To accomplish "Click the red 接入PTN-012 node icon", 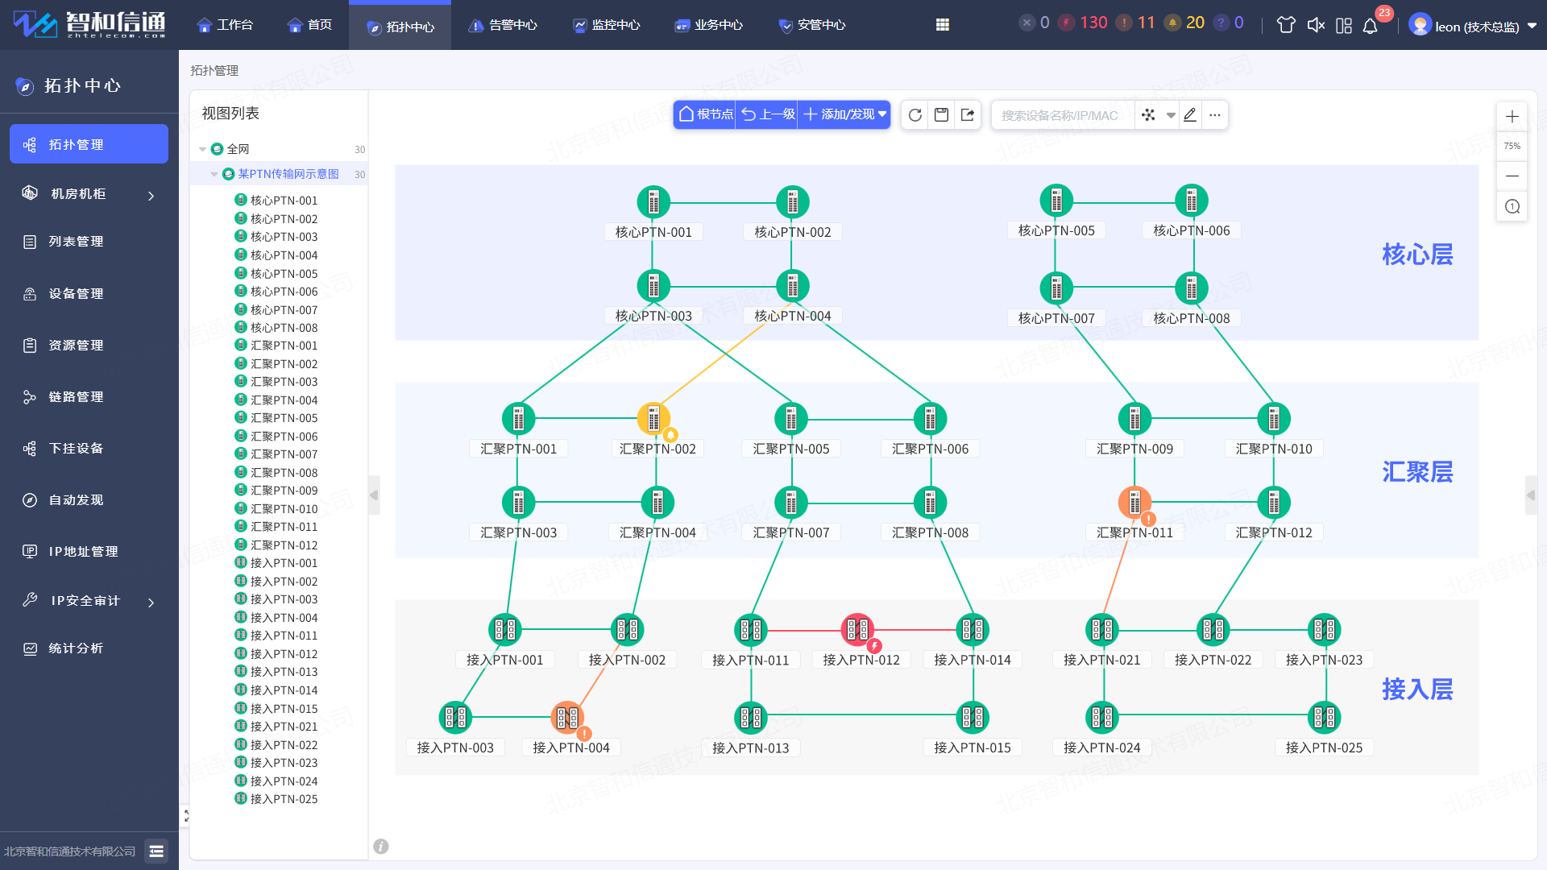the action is pyautogui.click(x=857, y=629).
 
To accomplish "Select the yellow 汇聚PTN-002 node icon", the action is pyautogui.click(x=653, y=418).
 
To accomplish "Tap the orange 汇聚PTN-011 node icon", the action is pyautogui.click(x=1134, y=502).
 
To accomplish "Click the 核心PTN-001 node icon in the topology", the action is pyautogui.click(x=653, y=202).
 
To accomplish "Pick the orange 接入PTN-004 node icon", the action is pyautogui.click(x=567, y=717).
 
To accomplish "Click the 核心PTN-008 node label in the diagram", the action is pyautogui.click(x=1192, y=318).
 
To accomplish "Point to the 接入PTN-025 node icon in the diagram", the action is pyautogui.click(x=1325, y=717).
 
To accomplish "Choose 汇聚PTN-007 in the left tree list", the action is pyautogui.click(x=284, y=454).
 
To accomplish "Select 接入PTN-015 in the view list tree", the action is pyautogui.click(x=284, y=709).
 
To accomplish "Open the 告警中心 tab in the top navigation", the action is pyautogui.click(x=503, y=25).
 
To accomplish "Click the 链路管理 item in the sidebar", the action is pyautogui.click(x=76, y=397).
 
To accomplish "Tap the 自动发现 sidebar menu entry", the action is pyautogui.click(x=76, y=500).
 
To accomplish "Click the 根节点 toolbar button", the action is pyautogui.click(x=706, y=114).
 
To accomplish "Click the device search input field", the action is pyautogui.click(x=1062, y=115).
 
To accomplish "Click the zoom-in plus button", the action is pyautogui.click(x=1512, y=117).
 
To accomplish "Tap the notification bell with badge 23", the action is pyautogui.click(x=1370, y=26).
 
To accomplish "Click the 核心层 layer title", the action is pyautogui.click(x=1417, y=255).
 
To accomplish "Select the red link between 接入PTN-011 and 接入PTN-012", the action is pyautogui.click(x=804, y=630).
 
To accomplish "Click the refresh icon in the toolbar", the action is pyautogui.click(x=915, y=115).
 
